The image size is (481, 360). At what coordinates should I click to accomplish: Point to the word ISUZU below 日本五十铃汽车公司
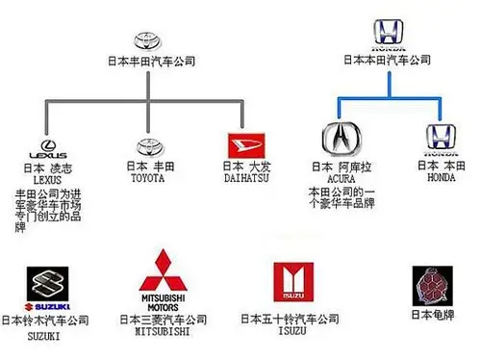[x=289, y=332]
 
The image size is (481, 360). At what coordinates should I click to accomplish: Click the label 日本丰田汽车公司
[x=152, y=61]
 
